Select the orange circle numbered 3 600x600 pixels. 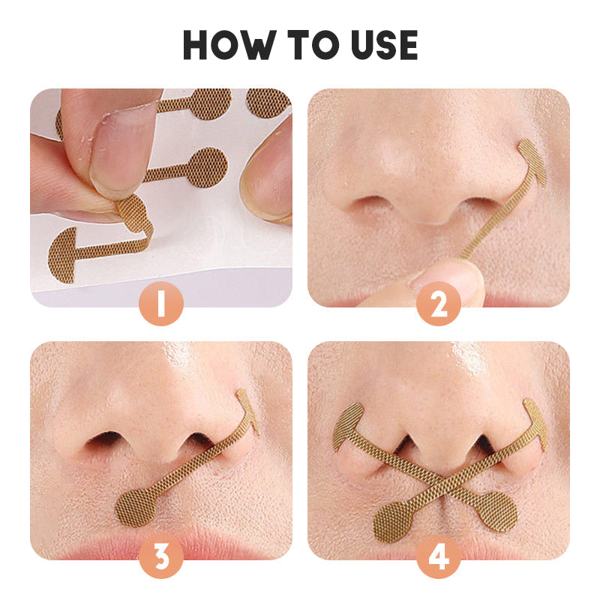coord(160,556)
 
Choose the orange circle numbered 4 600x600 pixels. coord(439,556)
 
